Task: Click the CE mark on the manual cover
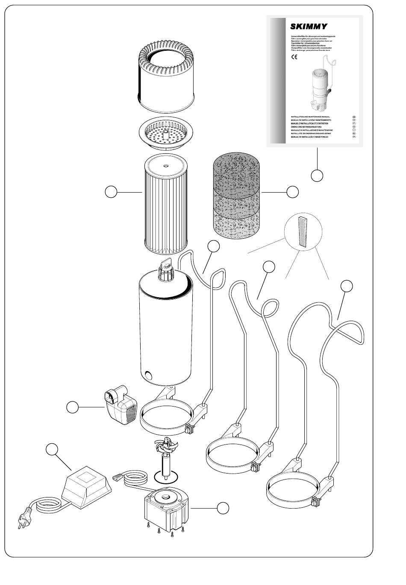tap(294, 58)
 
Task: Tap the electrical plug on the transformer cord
tap(21, 522)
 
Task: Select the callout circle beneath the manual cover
tap(317, 175)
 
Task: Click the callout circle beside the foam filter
tap(292, 192)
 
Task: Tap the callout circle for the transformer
tap(52, 450)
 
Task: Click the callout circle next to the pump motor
tap(222, 508)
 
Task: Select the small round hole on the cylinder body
tap(148, 376)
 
